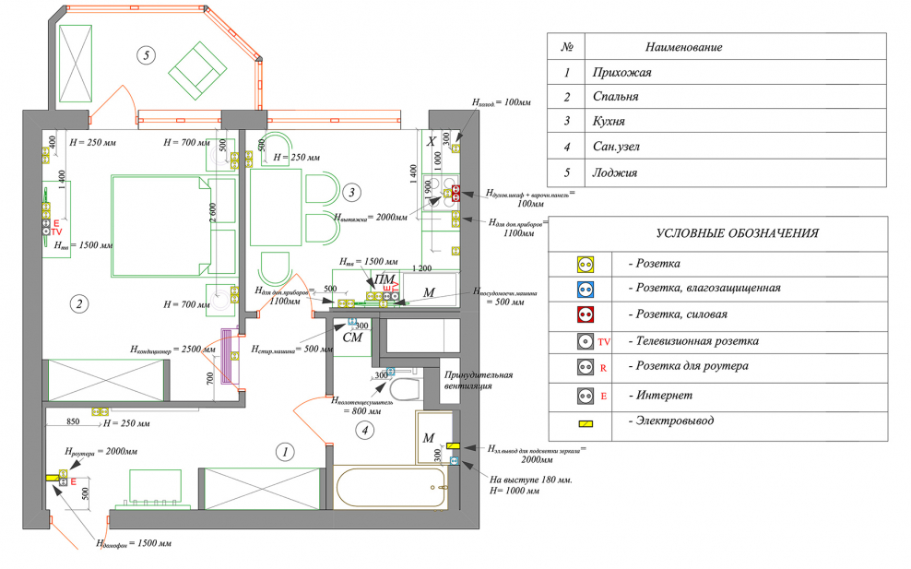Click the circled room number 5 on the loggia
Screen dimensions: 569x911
click(x=146, y=54)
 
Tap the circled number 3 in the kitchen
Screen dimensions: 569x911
click(x=350, y=192)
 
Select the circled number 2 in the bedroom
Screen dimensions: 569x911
click(x=80, y=303)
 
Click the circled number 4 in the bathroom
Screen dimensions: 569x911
click(x=366, y=428)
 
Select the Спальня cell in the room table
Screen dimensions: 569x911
click(x=616, y=97)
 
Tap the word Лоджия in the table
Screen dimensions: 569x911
click(x=613, y=172)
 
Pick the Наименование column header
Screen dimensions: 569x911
click(x=683, y=47)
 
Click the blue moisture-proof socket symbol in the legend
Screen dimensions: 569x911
click(x=584, y=288)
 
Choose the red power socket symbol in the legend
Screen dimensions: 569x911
click(x=584, y=314)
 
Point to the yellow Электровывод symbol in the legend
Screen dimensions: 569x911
click(x=584, y=423)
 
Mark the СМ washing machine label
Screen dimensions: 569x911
click(x=351, y=338)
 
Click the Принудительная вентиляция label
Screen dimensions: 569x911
click(x=479, y=380)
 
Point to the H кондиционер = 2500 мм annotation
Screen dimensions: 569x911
click(x=172, y=350)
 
